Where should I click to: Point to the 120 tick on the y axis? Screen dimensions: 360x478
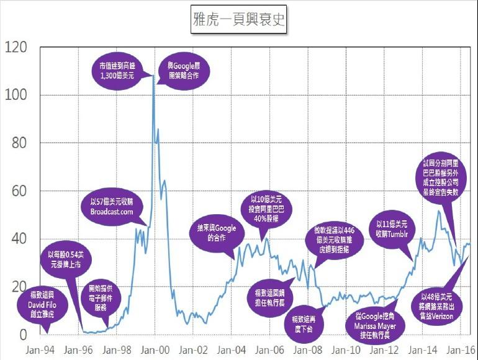[15, 47]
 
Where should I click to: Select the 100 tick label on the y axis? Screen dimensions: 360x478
[15, 95]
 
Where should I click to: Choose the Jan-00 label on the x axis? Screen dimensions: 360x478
[157, 349]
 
